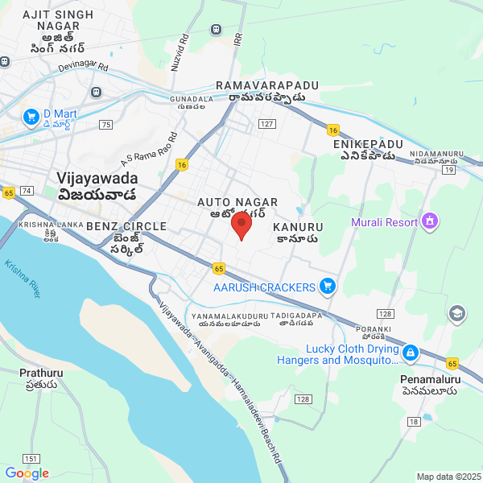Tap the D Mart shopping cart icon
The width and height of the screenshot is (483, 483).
32,118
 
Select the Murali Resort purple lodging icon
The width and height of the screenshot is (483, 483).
430,221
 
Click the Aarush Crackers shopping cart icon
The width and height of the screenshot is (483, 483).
327,286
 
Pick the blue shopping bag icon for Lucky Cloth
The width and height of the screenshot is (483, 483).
411,353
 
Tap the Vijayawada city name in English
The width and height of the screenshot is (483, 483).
97,178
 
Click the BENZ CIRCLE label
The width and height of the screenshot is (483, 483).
126,226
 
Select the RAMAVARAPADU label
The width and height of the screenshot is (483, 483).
267,85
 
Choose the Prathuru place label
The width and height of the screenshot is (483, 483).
41,373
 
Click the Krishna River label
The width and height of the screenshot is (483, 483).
22,279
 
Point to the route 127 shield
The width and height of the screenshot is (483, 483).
267,124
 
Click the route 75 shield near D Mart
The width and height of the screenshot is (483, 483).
106,124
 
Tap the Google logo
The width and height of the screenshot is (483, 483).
27,473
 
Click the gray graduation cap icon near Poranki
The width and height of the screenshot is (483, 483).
457,313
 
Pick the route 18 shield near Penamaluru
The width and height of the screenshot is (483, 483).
414,422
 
